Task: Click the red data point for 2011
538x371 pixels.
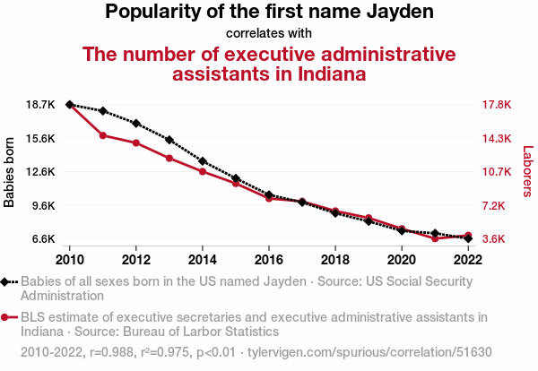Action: [x=103, y=135]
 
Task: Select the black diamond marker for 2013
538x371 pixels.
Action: [x=169, y=140]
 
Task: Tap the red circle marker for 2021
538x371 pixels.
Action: [x=435, y=238]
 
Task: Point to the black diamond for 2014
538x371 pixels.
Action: [x=203, y=161]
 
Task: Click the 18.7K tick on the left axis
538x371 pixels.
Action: [x=40, y=105]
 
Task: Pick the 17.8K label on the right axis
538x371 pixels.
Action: [x=497, y=105]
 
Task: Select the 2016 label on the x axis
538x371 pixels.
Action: [x=269, y=260]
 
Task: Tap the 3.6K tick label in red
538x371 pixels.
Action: [x=494, y=238]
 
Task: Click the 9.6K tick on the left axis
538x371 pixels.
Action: [x=43, y=206]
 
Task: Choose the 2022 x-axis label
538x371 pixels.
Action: [x=468, y=260]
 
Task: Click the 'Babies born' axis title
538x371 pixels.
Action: [x=9, y=172]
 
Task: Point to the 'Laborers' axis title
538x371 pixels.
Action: [x=528, y=171]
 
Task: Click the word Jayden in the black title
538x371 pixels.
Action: [x=400, y=12]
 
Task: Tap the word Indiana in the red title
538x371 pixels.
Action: [x=332, y=73]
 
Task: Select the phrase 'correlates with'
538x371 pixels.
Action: [x=269, y=33]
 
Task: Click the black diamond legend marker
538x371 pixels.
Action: [x=4, y=282]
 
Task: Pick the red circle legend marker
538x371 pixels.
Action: [x=4, y=317]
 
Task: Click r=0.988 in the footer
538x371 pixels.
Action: [x=111, y=352]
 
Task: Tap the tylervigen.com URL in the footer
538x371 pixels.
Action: [x=369, y=352]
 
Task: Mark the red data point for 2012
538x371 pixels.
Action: [x=136, y=143]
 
